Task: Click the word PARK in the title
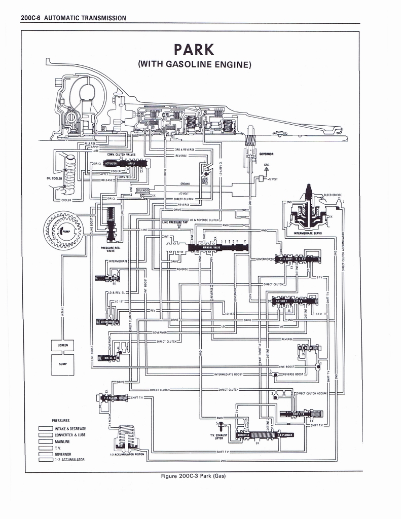(x=194, y=50)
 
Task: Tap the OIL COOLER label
(x=54, y=178)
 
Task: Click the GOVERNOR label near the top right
(x=267, y=154)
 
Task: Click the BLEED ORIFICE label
(x=333, y=195)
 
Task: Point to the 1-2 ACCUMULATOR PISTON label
(x=127, y=454)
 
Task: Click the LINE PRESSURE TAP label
(x=174, y=222)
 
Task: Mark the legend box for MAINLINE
(x=46, y=441)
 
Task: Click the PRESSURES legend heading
(x=61, y=421)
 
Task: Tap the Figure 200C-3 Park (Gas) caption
(x=192, y=476)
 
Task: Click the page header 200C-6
(x=31, y=18)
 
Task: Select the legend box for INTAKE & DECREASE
(x=46, y=429)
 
